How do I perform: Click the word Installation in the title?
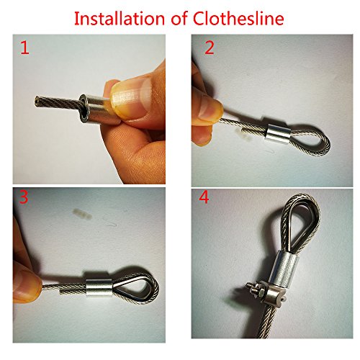coord(120,19)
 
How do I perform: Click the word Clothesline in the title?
coord(238,19)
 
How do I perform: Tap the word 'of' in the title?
coord(179,19)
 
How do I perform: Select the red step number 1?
coord(24,48)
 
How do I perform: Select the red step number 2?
coord(210,48)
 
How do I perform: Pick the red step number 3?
coord(24,197)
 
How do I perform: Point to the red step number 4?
coord(204,197)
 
